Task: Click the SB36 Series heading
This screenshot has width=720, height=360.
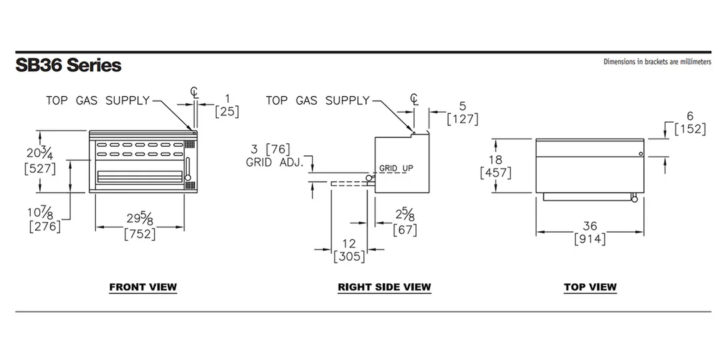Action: (x=69, y=65)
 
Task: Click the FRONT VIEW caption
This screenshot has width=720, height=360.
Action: (x=143, y=287)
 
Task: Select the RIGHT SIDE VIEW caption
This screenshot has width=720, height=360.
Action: (x=385, y=287)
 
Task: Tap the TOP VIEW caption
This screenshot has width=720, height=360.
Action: (x=590, y=287)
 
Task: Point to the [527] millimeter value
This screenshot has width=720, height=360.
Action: (x=40, y=169)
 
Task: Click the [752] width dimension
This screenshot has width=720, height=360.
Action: (x=139, y=234)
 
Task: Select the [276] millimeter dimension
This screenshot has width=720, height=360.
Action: (x=45, y=227)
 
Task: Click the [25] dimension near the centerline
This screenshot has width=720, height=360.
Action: (x=227, y=111)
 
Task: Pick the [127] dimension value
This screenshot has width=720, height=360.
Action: (x=463, y=119)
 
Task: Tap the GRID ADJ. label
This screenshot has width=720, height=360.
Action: (x=275, y=162)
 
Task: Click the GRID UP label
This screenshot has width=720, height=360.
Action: (x=396, y=169)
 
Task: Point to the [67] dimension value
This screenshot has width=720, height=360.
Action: (x=405, y=229)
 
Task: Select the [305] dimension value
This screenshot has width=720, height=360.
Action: (x=349, y=256)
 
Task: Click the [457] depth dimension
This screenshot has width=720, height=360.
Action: (x=495, y=173)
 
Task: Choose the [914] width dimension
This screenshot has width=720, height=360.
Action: (x=590, y=239)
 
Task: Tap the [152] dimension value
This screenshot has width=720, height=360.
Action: (x=690, y=129)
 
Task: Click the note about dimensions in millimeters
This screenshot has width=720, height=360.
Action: (x=657, y=61)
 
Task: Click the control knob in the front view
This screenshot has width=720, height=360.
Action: (x=187, y=178)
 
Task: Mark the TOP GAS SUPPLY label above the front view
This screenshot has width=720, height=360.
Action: (x=98, y=100)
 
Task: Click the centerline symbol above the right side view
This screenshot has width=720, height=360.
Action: (x=414, y=99)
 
